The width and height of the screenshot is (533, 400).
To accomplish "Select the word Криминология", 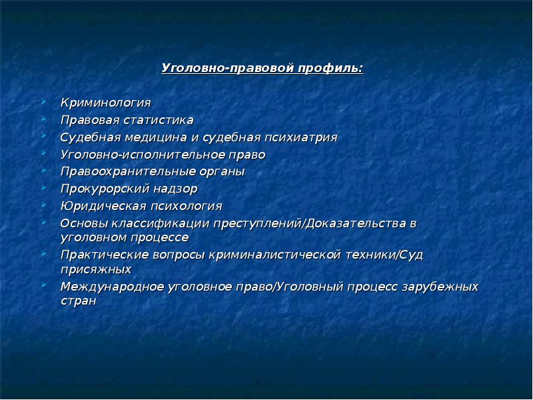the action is (106, 103).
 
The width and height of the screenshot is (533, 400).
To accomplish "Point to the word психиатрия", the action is (301, 137).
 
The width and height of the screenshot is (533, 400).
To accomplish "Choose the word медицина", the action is (156, 137).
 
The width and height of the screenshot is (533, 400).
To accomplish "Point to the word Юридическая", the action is (103, 206).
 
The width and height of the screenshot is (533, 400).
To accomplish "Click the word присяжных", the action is (96, 269).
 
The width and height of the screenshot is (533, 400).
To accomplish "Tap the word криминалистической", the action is (274, 255).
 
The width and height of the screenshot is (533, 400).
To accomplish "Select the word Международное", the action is (113, 287).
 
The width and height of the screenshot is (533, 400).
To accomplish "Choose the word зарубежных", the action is (440, 287).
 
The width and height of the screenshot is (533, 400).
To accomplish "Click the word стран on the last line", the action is (79, 301).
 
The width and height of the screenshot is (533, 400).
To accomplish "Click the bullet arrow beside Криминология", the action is (44, 101).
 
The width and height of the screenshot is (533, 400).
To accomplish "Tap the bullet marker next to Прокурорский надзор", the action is (44, 187).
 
